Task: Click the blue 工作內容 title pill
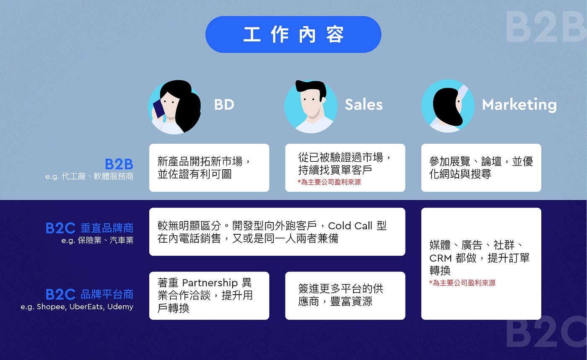(x=293, y=34)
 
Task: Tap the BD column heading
(x=224, y=104)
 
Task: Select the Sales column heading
(x=364, y=104)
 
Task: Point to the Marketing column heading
(x=519, y=104)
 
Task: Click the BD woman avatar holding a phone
(x=174, y=107)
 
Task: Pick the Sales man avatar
(x=311, y=106)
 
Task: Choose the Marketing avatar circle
(x=447, y=106)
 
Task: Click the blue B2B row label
(x=119, y=164)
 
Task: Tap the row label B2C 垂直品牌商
(x=89, y=228)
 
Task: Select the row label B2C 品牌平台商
(x=89, y=294)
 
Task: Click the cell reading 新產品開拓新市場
(x=209, y=168)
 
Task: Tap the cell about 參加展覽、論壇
(x=481, y=168)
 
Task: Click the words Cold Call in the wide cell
(x=350, y=226)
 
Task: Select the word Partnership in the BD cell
(x=210, y=283)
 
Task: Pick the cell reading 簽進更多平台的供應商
(x=345, y=295)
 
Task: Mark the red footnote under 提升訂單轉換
(x=462, y=283)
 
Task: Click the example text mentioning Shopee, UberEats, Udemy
(x=77, y=307)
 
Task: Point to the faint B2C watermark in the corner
(x=545, y=333)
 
